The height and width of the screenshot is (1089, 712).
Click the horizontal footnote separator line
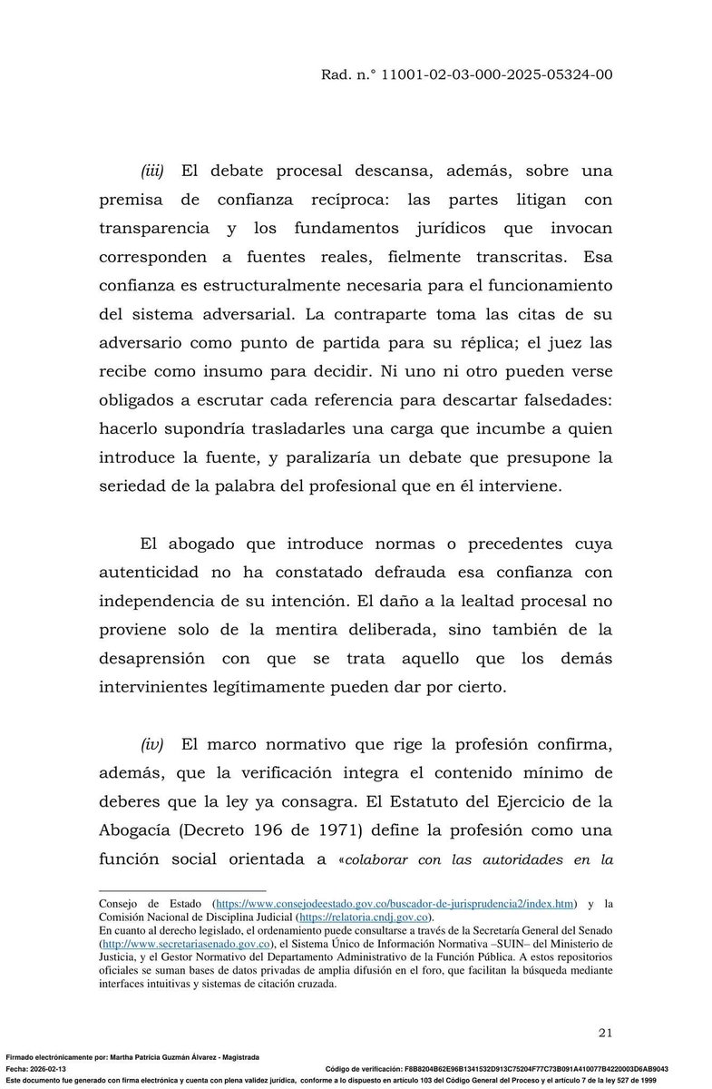(x=181, y=891)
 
